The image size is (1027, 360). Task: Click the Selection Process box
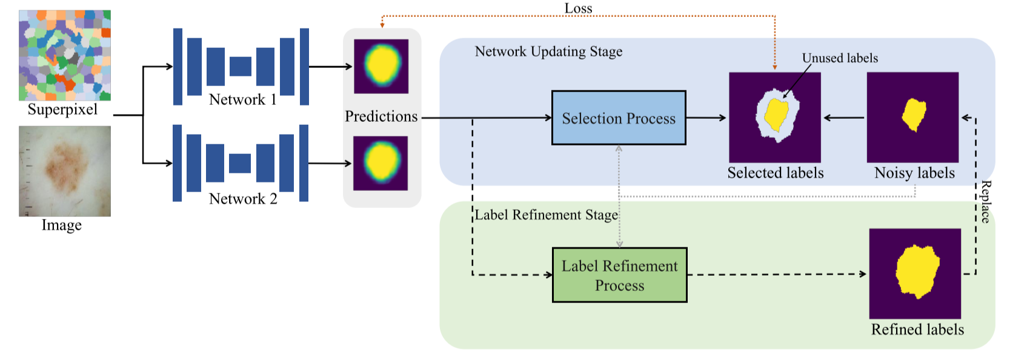(618, 118)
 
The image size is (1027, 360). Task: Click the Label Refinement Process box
(619, 275)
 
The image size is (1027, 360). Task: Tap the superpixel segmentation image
(65, 55)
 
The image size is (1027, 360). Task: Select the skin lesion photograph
(65, 171)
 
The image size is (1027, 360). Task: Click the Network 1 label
(242, 99)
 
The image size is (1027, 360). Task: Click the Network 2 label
(242, 199)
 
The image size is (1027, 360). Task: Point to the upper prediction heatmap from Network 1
(381, 66)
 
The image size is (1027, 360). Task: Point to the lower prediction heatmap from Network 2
(381, 163)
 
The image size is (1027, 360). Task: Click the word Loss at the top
(578, 8)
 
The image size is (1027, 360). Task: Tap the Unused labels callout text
(840, 58)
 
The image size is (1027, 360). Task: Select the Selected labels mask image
(774, 117)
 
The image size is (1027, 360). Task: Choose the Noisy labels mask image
(912, 117)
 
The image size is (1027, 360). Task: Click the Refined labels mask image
(915, 273)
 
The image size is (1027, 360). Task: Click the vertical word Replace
(986, 202)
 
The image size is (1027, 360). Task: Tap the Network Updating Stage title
(548, 52)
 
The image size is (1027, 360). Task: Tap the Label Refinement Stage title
(546, 215)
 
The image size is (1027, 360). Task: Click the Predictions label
(381, 116)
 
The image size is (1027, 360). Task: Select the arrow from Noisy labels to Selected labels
(843, 118)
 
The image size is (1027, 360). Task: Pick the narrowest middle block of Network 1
(241, 66)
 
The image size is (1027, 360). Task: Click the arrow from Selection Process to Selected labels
(706, 118)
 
